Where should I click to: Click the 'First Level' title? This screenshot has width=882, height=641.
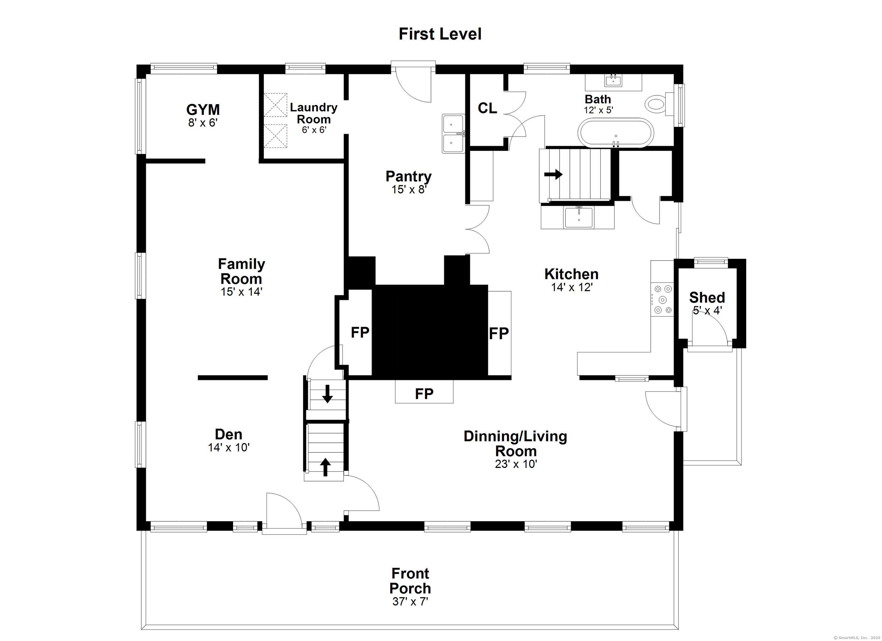pos(440,34)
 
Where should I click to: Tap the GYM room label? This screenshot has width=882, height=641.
pos(203,110)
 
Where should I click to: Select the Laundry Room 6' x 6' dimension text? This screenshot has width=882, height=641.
pos(314,130)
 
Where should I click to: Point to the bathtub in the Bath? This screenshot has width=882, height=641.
pos(616,133)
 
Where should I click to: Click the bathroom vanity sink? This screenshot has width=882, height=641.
pos(613,81)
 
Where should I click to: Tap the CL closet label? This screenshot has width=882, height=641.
pos(487,108)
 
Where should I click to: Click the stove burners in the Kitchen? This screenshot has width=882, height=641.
pos(662,299)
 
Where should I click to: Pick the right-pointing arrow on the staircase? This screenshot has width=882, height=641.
pos(553,174)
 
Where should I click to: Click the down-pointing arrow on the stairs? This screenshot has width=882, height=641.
pos(327,394)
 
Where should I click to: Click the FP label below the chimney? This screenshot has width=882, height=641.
pos(424,394)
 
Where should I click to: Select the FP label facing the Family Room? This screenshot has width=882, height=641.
pos(360,332)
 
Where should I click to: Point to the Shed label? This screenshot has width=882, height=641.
pos(707,297)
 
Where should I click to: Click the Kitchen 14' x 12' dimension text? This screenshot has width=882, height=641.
pos(572,287)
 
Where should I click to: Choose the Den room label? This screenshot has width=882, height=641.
pos(229,434)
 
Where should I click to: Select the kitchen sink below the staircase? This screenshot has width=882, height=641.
pos(579,217)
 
